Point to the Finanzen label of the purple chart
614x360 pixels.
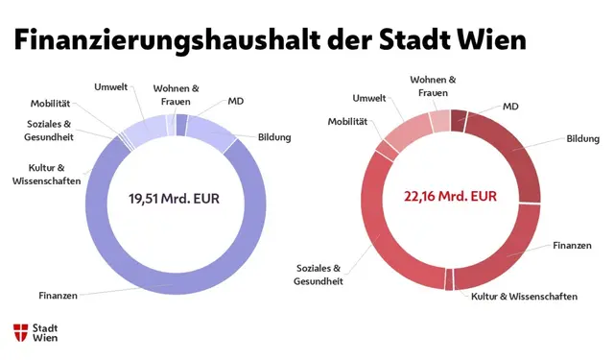point(58,295)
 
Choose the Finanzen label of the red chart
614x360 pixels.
point(572,246)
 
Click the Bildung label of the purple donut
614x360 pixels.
point(273,137)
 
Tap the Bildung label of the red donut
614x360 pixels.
point(582,139)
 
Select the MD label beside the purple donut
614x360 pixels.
point(235,100)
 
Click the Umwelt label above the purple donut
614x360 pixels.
point(110,87)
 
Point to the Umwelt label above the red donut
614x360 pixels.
point(369,98)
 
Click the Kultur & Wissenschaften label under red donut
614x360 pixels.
point(524,297)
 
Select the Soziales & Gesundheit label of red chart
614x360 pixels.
point(318,275)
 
